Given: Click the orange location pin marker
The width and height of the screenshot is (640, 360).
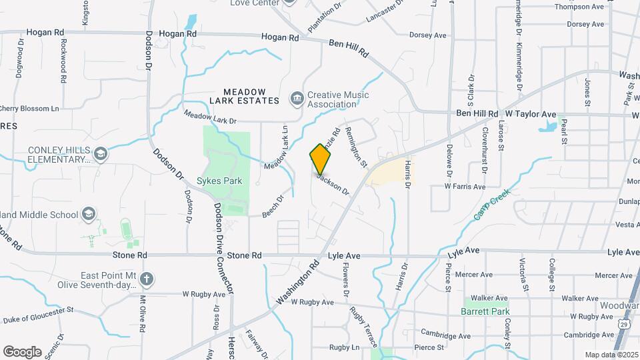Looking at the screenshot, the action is point(321,159).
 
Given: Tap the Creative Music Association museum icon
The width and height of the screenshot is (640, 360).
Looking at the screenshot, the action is point(297,99).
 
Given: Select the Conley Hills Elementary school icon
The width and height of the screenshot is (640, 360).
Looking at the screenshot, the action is point(100,155).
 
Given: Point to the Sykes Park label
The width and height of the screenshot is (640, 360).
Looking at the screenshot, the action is point(219,181).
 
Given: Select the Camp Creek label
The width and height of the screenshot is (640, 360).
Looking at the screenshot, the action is point(492,204).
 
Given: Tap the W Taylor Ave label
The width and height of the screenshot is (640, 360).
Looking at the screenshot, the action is point(530,114).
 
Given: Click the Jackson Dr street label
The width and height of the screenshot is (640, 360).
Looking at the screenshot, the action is point(333,184).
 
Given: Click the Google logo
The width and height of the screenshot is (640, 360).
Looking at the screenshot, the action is point(22,352).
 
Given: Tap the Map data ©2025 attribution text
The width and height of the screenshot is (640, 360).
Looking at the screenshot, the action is point(610,355).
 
